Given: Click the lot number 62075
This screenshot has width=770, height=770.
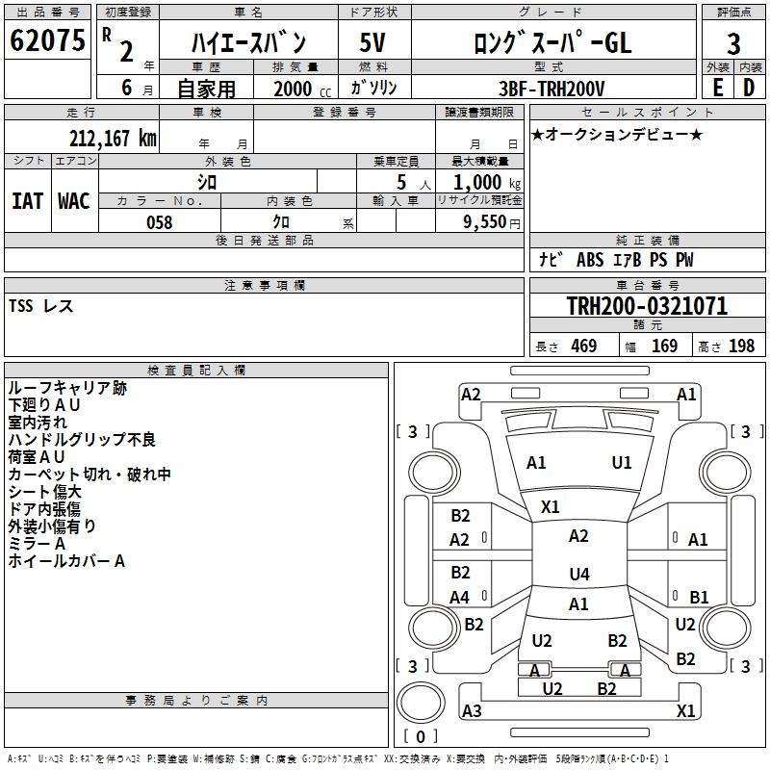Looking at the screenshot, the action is click(47, 40).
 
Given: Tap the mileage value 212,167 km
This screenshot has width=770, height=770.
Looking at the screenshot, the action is click(113, 139).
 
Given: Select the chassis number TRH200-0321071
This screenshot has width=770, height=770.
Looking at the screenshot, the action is click(647, 306).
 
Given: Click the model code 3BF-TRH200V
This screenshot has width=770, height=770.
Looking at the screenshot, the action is click(552, 89).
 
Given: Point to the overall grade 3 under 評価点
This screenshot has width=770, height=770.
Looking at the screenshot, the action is click(733, 44).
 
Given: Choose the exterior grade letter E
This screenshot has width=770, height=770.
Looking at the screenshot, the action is click(718, 88).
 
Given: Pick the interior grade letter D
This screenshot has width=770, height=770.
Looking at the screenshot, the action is click(749, 88).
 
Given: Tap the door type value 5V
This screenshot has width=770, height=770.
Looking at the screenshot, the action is click(372, 42).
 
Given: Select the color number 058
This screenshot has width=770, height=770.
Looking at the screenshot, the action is click(160, 222).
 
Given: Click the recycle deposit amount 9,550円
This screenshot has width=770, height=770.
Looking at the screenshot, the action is click(492, 222).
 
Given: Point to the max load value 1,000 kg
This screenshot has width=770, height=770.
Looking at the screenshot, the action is click(487, 183).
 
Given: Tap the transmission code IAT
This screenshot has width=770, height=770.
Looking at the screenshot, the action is click(27, 201).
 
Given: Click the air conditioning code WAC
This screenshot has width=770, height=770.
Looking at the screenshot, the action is click(74, 201).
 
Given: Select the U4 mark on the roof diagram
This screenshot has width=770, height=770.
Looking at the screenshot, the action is click(579, 574).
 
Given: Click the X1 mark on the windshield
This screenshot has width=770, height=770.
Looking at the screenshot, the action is click(550, 507).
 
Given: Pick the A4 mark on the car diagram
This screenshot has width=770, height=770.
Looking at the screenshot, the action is click(460, 597).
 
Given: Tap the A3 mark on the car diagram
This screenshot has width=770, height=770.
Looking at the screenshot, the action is click(472, 710).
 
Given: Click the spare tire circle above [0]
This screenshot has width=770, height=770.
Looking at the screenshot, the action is click(421, 703).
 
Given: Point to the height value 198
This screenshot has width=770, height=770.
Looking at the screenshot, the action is click(741, 346).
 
